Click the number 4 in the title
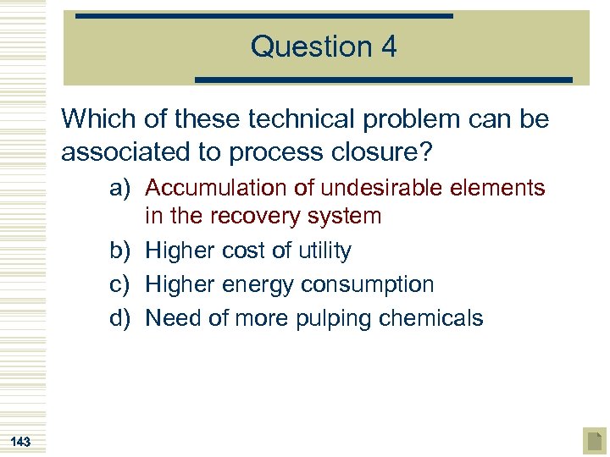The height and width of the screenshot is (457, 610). point(388,46)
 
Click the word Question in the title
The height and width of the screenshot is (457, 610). point(308,47)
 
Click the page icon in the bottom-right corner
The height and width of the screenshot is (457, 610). point(594,440)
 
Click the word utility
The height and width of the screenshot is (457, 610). point(321,251)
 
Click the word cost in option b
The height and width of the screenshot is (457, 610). point(244,251)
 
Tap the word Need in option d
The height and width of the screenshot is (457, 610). point(173,318)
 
